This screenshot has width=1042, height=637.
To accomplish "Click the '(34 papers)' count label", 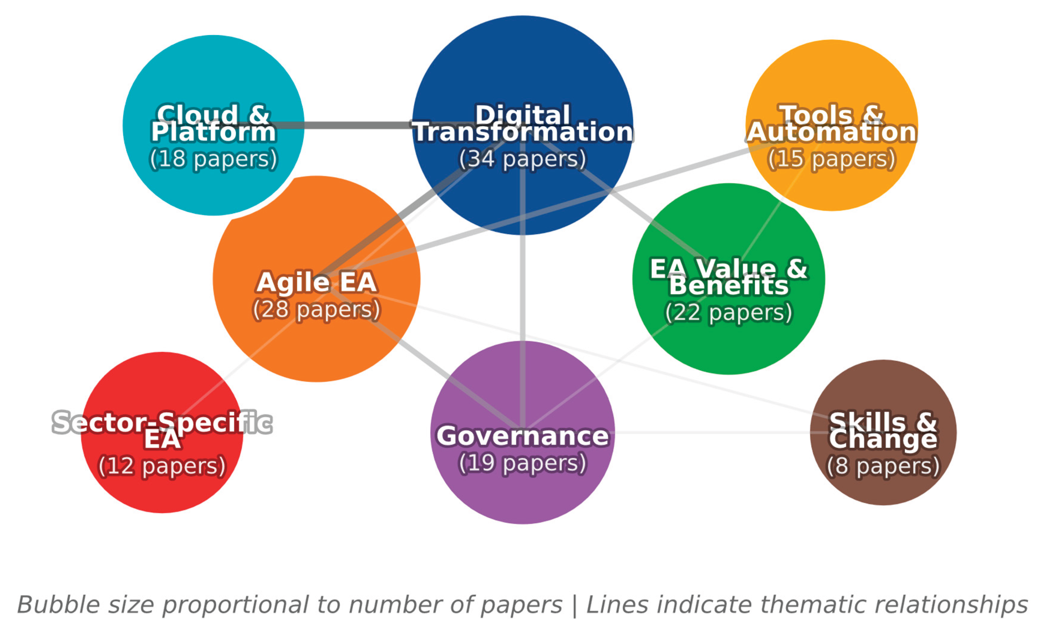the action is tap(523, 159).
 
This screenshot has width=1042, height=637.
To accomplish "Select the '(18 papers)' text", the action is tap(214, 159).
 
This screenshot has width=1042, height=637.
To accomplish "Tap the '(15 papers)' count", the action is tap(831, 159).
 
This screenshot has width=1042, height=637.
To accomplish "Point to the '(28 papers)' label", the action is tap(316, 309).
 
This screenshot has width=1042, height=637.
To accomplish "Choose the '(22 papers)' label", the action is tap(728, 313).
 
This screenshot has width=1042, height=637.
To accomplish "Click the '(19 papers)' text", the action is tap(523, 463).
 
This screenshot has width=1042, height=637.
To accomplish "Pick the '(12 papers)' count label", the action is tap(162, 466).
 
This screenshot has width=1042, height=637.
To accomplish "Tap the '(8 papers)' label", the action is tap(883, 466).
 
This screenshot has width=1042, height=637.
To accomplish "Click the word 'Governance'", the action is tap(523, 436).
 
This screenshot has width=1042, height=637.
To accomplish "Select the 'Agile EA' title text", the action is tap(316, 282).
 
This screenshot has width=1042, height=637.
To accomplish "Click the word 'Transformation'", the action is tap(523, 132).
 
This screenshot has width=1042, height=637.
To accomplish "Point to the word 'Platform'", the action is tap(214, 132).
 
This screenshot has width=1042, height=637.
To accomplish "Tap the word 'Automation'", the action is tap(831, 132).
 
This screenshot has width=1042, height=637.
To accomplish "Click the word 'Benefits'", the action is tap(728, 286).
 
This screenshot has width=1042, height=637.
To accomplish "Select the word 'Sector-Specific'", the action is tap(162, 423).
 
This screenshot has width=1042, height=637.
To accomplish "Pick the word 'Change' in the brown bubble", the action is tap(883, 440).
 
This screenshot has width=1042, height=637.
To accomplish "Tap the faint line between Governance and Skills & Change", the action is tap(710, 432).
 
